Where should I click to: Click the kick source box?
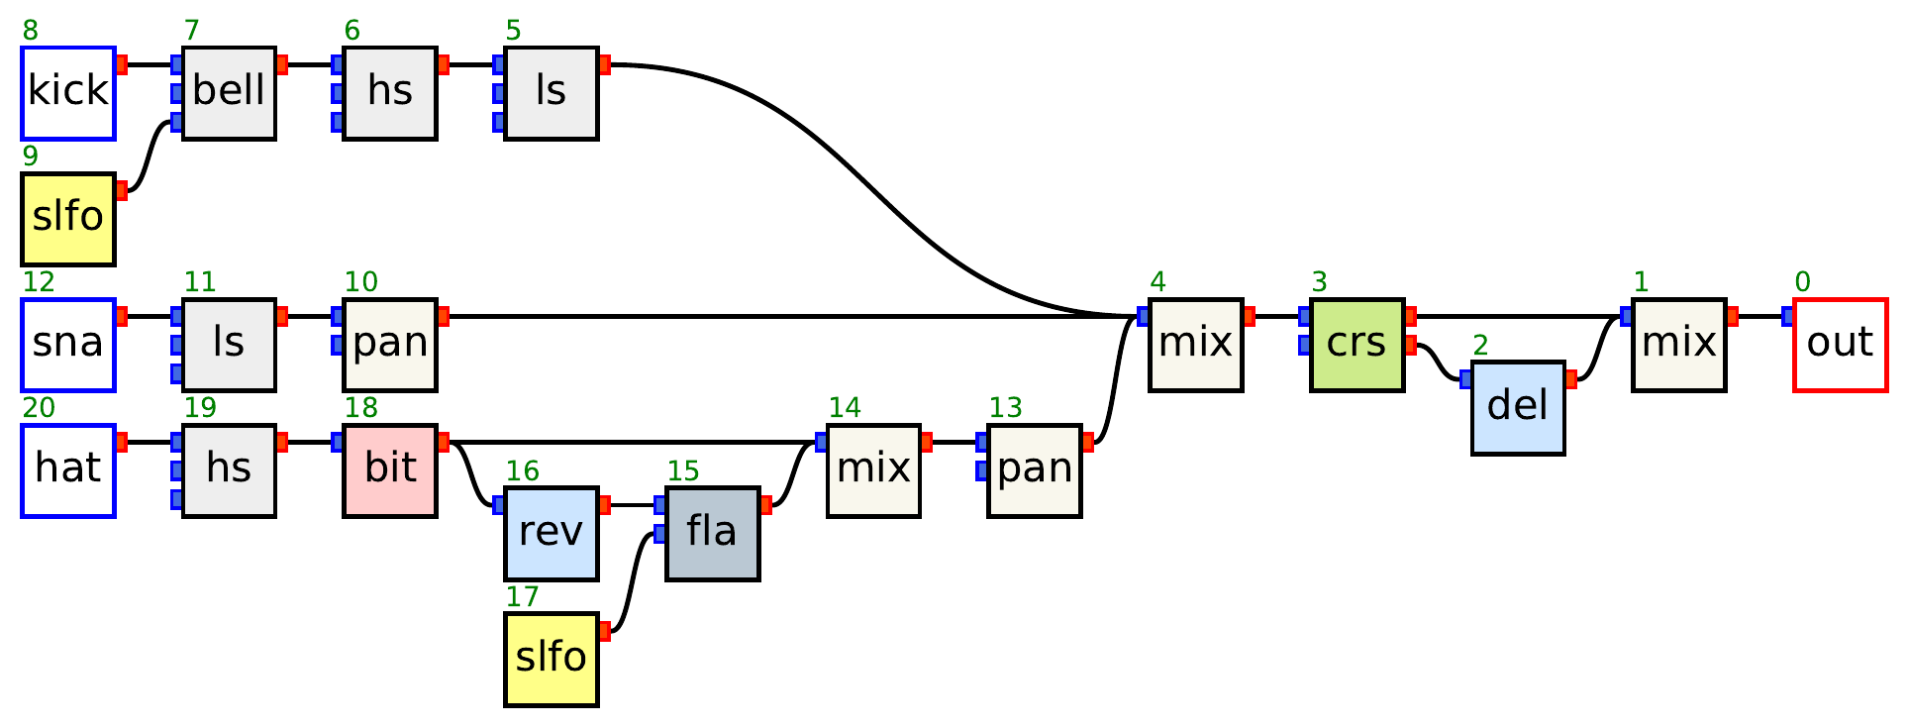[x=68, y=92]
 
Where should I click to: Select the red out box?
[x=1840, y=344]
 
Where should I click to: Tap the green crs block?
[x=1356, y=344]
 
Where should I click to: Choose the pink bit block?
[x=390, y=469]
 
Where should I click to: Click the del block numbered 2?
[x=1518, y=407]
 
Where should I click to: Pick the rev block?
[x=552, y=533]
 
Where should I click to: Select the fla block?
[x=712, y=533]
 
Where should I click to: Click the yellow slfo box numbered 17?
[x=552, y=659]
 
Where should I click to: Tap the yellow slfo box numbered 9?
[x=68, y=218]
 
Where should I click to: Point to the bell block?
[x=229, y=92]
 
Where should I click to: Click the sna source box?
[x=68, y=344]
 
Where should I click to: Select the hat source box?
[x=68, y=469]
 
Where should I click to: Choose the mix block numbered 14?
[x=873, y=469]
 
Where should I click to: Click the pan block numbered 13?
[x=1035, y=469]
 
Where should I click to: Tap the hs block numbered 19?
[x=229, y=469]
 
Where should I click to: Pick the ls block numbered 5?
[x=552, y=92]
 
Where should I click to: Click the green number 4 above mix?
[x=1157, y=282]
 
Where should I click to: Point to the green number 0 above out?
[x=1802, y=282]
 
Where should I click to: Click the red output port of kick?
[x=122, y=65]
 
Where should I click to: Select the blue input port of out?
[x=1787, y=317]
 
